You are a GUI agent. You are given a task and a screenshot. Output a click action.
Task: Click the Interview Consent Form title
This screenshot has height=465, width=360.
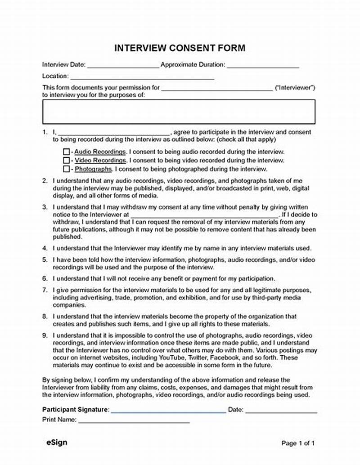pos(180,48)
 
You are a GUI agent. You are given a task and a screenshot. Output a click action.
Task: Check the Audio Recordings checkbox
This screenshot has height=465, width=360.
pos(66,152)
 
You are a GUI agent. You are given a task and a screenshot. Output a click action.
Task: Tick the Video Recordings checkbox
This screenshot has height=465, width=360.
pos(66,161)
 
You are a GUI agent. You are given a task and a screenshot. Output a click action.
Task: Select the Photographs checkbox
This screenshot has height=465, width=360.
pos(66,169)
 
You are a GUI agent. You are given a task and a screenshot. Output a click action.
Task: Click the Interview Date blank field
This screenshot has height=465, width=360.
pos(123,66)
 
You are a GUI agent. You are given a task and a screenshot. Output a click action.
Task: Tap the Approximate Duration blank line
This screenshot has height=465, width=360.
pos(263,66)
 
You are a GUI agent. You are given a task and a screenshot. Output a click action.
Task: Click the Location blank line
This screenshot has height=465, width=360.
pos(142,77)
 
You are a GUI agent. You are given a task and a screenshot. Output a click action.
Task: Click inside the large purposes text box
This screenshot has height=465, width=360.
pos(179,112)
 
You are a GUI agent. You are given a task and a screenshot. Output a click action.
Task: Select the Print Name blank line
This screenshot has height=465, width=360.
pos(134,421)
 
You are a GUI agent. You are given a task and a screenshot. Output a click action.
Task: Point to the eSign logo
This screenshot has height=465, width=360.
pos(57,442)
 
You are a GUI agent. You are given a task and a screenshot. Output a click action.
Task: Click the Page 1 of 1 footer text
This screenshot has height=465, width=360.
pos(298,443)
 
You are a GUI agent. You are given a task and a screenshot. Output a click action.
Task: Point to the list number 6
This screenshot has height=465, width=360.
pos(45,279)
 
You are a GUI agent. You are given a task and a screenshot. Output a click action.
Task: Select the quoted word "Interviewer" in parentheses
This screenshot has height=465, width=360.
pos(295,88)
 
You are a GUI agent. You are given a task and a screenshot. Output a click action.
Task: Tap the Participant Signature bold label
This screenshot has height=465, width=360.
pos(75,410)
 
